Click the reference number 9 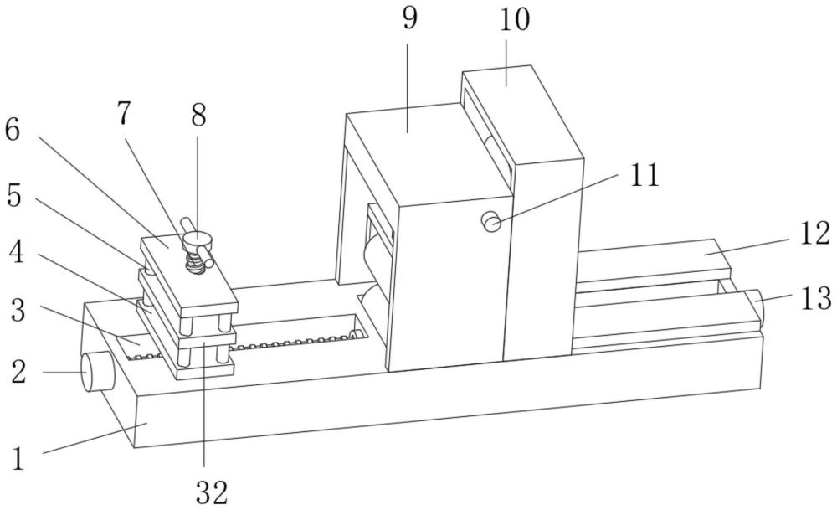pyautogui.click(x=409, y=18)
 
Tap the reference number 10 pyautogui.click(x=515, y=20)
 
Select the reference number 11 pyautogui.click(x=644, y=175)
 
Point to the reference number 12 pyautogui.click(x=814, y=234)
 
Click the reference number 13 pyautogui.click(x=816, y=298)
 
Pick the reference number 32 pyautogui.click(x=212, y=492)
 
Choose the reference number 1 pyautogui.click(x=18, y=459)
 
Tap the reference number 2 pyautogui.click(x=18, y=372)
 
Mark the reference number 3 pyautogui.click(x=18, y=311)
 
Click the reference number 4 pyautogui.click(x=17, y=252)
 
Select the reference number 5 pyautogui.click(x=14, y=196)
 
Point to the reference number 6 pyautogui.click(x=13, y=130)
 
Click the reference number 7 pyautogui.click(x=123, y=113)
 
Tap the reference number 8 pyautogui.click(x=198, y=115)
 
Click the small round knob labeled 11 pyautogui.click(x=491, y=221)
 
